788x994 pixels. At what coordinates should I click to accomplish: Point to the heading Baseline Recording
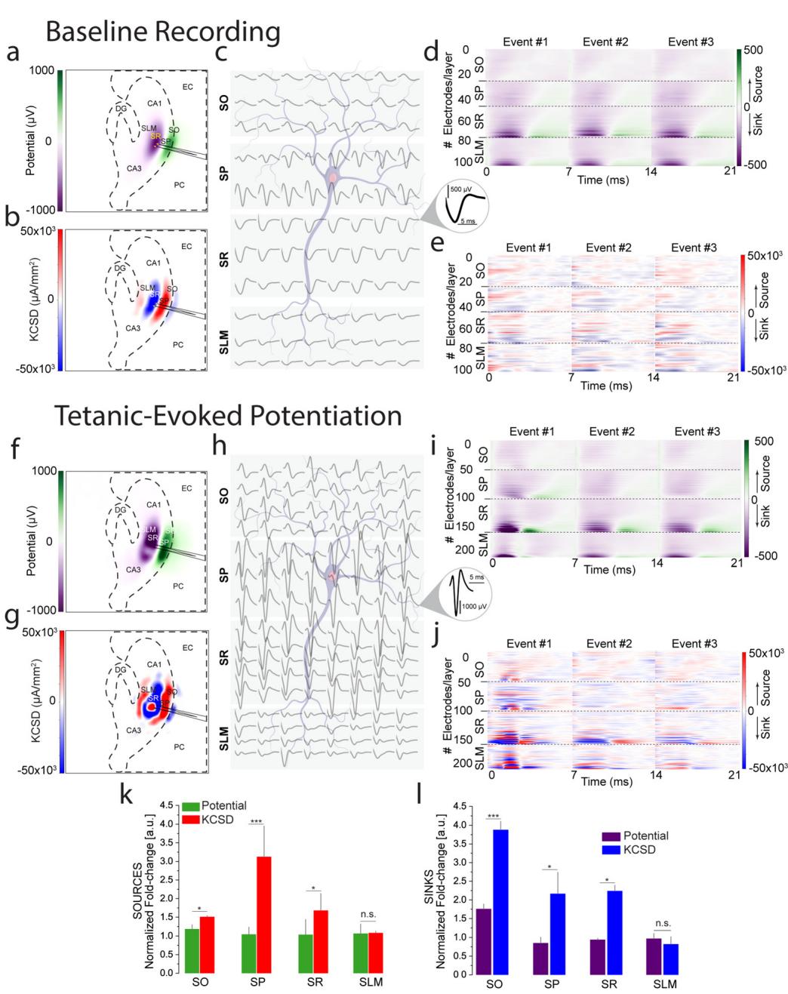coord(162,32)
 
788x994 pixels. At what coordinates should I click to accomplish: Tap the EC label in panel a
coord(187,87)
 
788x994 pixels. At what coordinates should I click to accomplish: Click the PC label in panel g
coord(178,746)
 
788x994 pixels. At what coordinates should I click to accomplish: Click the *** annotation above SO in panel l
coord(494,816)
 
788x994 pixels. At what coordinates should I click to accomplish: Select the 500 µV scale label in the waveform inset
coord(461,189)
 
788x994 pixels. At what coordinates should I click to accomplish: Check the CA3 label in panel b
coord(133,328)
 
